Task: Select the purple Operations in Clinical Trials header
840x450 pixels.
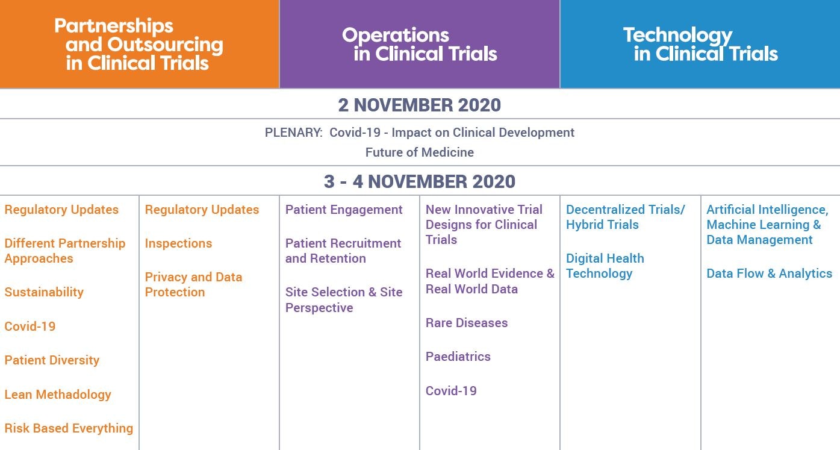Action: pyautogui.click(x=420, y=45)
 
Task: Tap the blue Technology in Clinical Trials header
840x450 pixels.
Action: pyautogui.click(x=700, y=45)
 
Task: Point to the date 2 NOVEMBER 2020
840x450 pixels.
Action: pyautogui.click(x=419, y=105)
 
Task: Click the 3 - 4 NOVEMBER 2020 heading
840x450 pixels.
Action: pyautogui.click(x=420, y=182)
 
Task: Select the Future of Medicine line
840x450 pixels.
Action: pyautogui.click(x=420, y=152)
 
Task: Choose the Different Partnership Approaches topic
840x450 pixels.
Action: pyautogui.click(x=65, y=251)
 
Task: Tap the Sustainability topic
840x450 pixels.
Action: pyautogui.click(x=44, y=292)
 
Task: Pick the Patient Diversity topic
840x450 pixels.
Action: pyautogui.click(x=52, y=360)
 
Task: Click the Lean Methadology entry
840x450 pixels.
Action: pyautogui.click(x=58, y=395)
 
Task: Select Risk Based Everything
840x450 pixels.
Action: pyautogui.click(x=69, y=428)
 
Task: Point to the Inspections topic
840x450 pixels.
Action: pyautogui.click(x=178, y=243)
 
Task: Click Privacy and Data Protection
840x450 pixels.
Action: pyautogui.click(x=193, y=284)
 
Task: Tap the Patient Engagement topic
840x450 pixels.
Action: pyautogui.click(x=344, y=210)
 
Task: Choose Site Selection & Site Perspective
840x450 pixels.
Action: pyautogui.click(x=344, y=300)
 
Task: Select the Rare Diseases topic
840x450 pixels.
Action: pyautogui.click(x=467, y=323)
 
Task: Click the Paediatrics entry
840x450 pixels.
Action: pyautogui.click(x=458, y=357)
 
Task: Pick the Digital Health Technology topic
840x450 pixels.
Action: pyautogui.click(x=605, y=266)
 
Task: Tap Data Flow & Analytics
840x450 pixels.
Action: pyautogui.click(x=769, y=273)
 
